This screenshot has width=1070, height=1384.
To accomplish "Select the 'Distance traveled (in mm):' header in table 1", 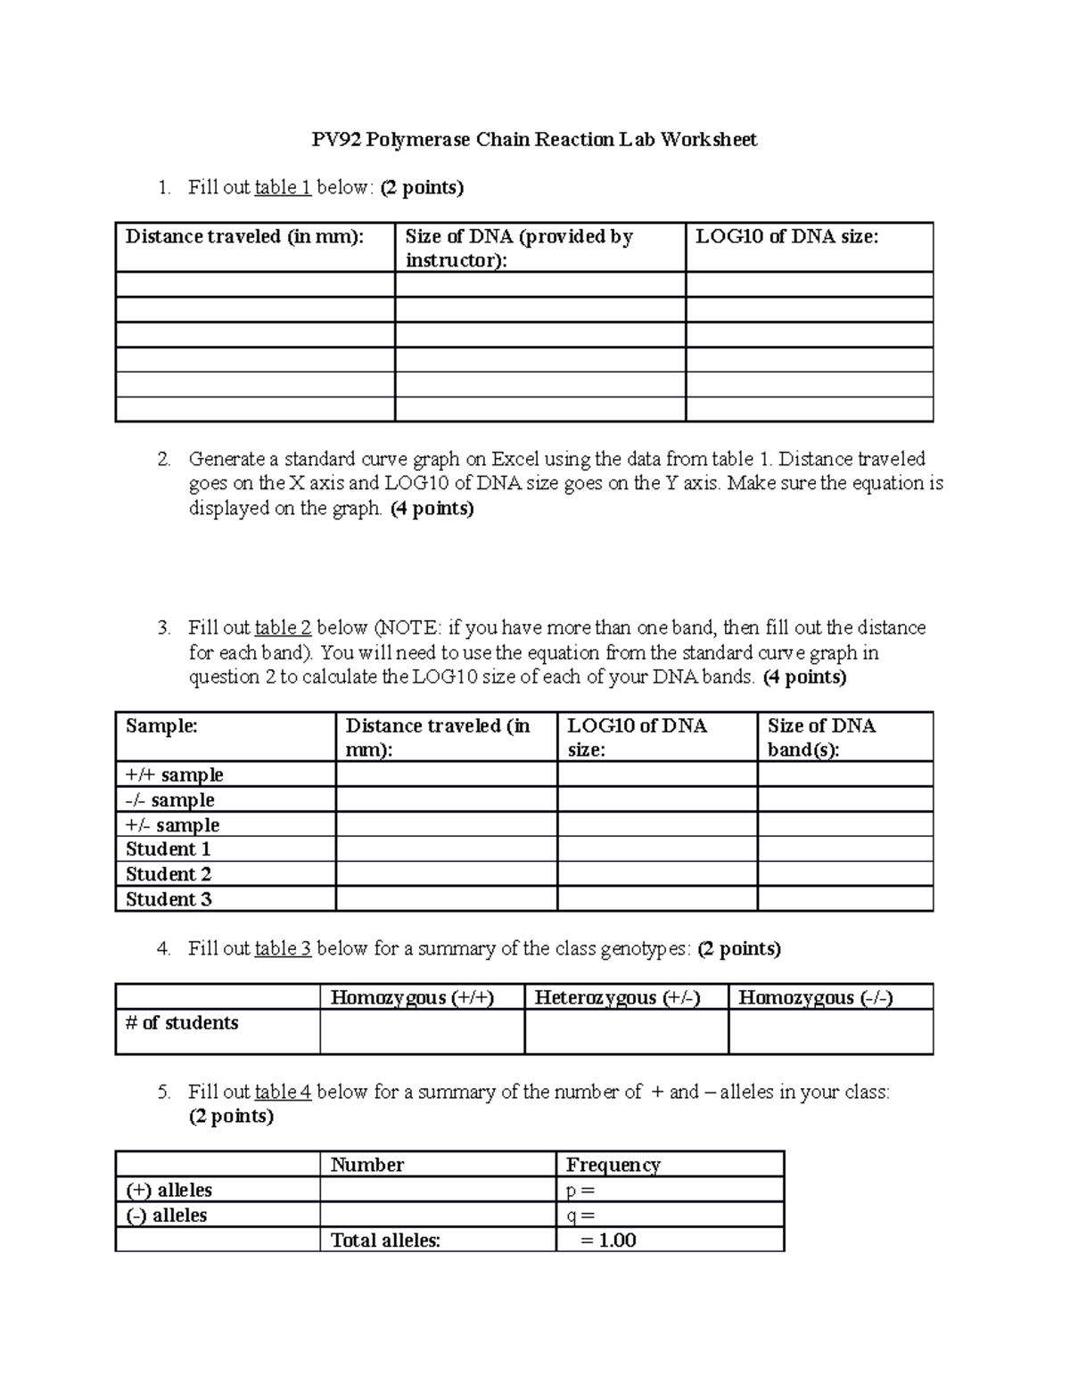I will click(244, 237).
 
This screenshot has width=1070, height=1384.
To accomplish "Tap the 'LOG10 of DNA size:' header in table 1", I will click(786, 237).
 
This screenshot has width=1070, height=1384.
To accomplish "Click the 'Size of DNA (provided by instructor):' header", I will click(518, 248).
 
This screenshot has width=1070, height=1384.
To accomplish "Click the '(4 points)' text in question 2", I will click(432, 509).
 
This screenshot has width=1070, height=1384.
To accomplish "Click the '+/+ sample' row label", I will click(175, 775).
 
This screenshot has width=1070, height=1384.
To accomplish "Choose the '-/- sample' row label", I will click(170, 800).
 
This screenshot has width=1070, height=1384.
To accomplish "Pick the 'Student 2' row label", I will click(169, 874).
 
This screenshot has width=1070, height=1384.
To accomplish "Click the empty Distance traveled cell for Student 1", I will click(446, 849).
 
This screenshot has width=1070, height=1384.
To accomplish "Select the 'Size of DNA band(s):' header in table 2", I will click(821, 737).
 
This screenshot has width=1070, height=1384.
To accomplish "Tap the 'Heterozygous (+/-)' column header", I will click(617, 998).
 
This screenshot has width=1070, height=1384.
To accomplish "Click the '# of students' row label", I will click(182, 1023).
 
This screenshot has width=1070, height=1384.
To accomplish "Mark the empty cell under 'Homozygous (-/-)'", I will click(830, 1032).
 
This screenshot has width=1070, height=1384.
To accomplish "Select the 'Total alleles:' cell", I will click(385, 1241).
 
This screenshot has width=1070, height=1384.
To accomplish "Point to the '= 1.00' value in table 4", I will click(608, 1241).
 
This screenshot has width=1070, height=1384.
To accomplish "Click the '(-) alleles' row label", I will click(167, 1216).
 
